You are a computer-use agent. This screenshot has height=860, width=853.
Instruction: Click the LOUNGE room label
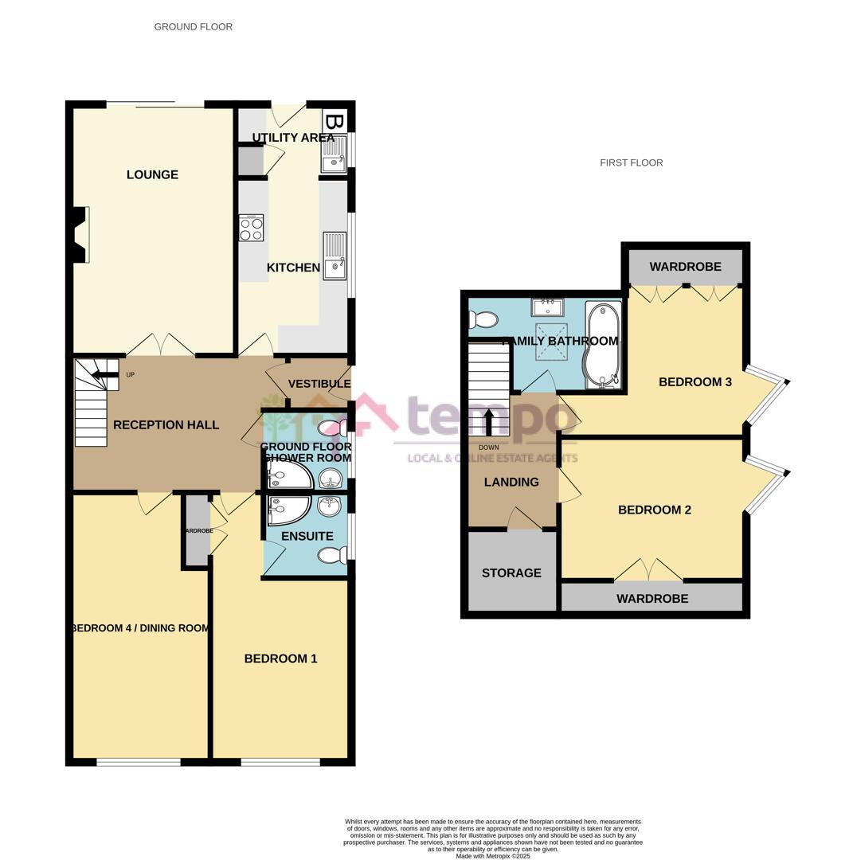point(152,175)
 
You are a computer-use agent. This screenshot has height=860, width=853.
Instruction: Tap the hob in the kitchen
point(252,228)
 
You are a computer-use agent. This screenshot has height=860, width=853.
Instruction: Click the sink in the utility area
point(334,154)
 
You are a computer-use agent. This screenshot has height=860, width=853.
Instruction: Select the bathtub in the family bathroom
point(604,345)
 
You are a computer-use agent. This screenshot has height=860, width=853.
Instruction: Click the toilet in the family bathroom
point(483,320)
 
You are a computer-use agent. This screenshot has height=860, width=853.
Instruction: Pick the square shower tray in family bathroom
point(551,339)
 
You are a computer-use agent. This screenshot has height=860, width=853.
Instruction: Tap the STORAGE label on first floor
point(511,573)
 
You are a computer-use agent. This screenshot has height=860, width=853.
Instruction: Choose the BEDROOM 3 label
point(695,382)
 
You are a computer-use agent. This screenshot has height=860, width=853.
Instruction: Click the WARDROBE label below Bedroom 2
point(652,599)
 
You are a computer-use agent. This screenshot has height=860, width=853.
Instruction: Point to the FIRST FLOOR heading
point(632,163)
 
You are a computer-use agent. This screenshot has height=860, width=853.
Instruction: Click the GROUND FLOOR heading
point(194,27)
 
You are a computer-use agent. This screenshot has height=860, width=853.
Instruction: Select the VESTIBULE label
point(319,385)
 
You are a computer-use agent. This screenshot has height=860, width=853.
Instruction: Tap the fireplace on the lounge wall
point(80,234)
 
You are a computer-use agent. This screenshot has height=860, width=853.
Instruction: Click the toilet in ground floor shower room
point(329,428)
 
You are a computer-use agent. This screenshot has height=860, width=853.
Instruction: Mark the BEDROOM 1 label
point(280,659)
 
